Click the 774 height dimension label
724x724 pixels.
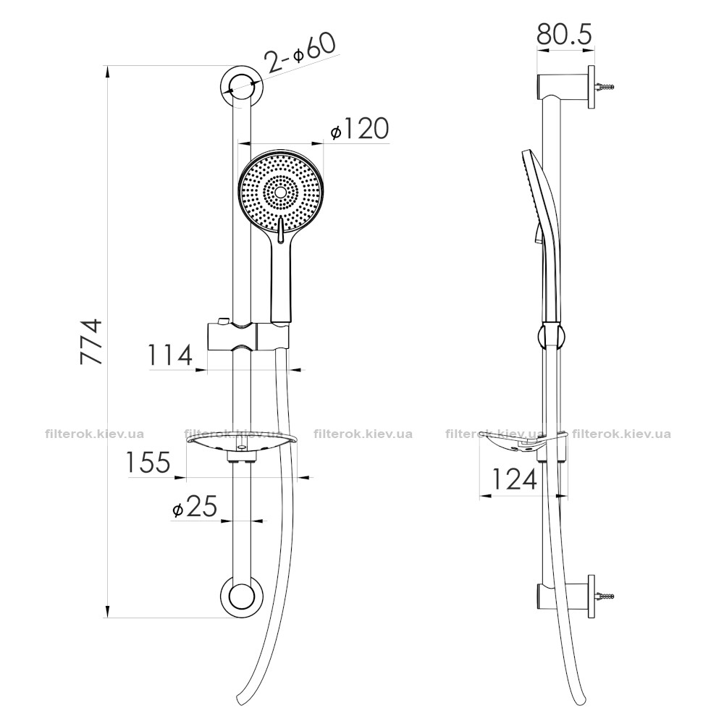click(x=91, y=341)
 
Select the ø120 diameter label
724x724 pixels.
click(x=360, y=129)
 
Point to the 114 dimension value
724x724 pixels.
click(x=170, y=355)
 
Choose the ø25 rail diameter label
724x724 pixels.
click(x=194, y=507)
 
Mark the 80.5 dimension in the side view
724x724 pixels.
click(x=564, y=35)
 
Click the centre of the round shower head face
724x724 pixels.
click(x=280, y=192)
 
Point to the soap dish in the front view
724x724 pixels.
click(x=241, y=442)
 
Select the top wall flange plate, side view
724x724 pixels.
click(x=592, y=88)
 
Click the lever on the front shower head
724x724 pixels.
click(x=279, y=230)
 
